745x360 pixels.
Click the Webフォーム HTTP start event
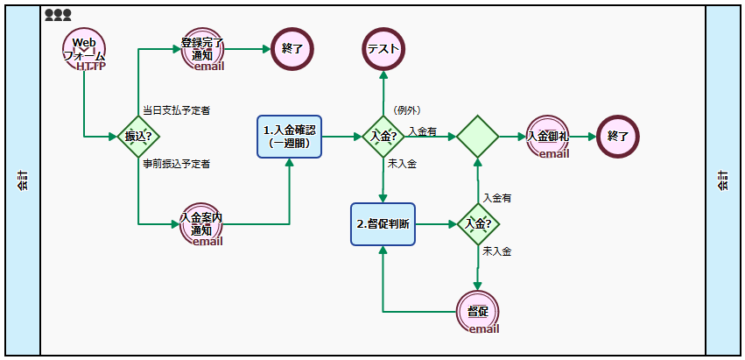[84, 50]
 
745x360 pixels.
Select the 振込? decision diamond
[138, 137]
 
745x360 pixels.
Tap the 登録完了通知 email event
[203, 49]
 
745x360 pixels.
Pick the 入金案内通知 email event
[202, 225]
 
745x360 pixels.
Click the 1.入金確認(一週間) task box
[290, 137]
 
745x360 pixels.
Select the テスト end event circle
[383, 49]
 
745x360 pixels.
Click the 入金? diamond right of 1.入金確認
[383, 137]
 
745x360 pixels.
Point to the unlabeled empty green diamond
[478, 137]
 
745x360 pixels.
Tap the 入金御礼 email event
[549, 138]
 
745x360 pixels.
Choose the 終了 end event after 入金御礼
[618, 137]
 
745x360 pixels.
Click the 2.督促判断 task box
[383, 224]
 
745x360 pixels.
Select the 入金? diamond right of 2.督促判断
[478, 224]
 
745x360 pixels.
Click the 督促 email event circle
[478, 313]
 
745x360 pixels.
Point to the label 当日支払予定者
[176, 110]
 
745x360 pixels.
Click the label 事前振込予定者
[176, 164]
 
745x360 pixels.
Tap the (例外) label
[407, 110]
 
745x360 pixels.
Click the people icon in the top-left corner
[58, 15]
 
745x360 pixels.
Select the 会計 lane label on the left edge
[23, 180]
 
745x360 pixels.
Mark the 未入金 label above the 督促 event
[497, 252]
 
